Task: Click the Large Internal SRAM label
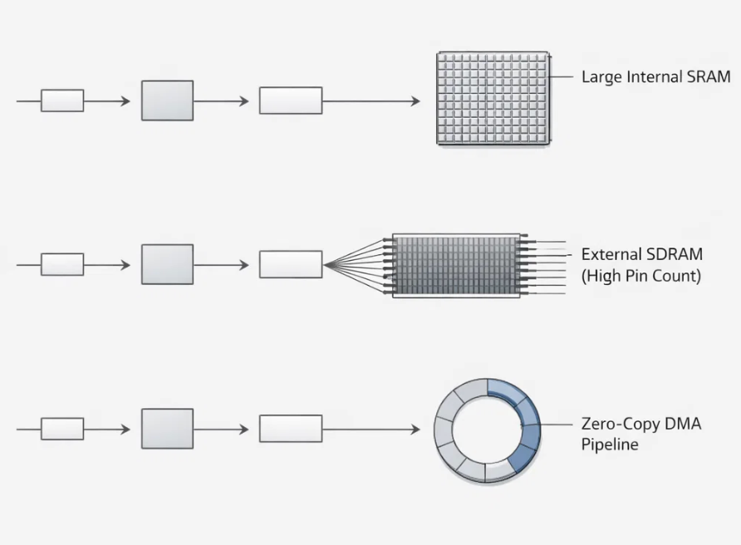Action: tap(655, 77)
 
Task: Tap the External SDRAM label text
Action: tap(642, 254)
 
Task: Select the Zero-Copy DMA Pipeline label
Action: tap(640, 434)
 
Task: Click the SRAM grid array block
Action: tap(493, 99)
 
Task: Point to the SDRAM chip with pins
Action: tap(455, 265)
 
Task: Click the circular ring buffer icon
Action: tap(487, 430)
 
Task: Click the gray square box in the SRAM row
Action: tap(167, 101)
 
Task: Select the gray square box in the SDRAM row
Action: tap(167, 264)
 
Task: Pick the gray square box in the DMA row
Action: tap(167, 429)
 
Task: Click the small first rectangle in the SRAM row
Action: tap(62, 101)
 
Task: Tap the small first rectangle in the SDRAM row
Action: tap(62, 264)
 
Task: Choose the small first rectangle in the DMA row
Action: tap(62, 429)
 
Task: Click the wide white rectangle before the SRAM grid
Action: tap(291, 101)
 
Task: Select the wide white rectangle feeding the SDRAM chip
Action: tap(291, 264)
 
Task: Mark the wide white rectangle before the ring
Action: tap(291, 429)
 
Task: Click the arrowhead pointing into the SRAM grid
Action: tap(415, 101)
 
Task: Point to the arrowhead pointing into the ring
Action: tap(415, 430)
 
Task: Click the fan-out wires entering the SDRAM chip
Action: tap(356, 265)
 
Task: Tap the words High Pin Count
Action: tap(641, 276)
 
